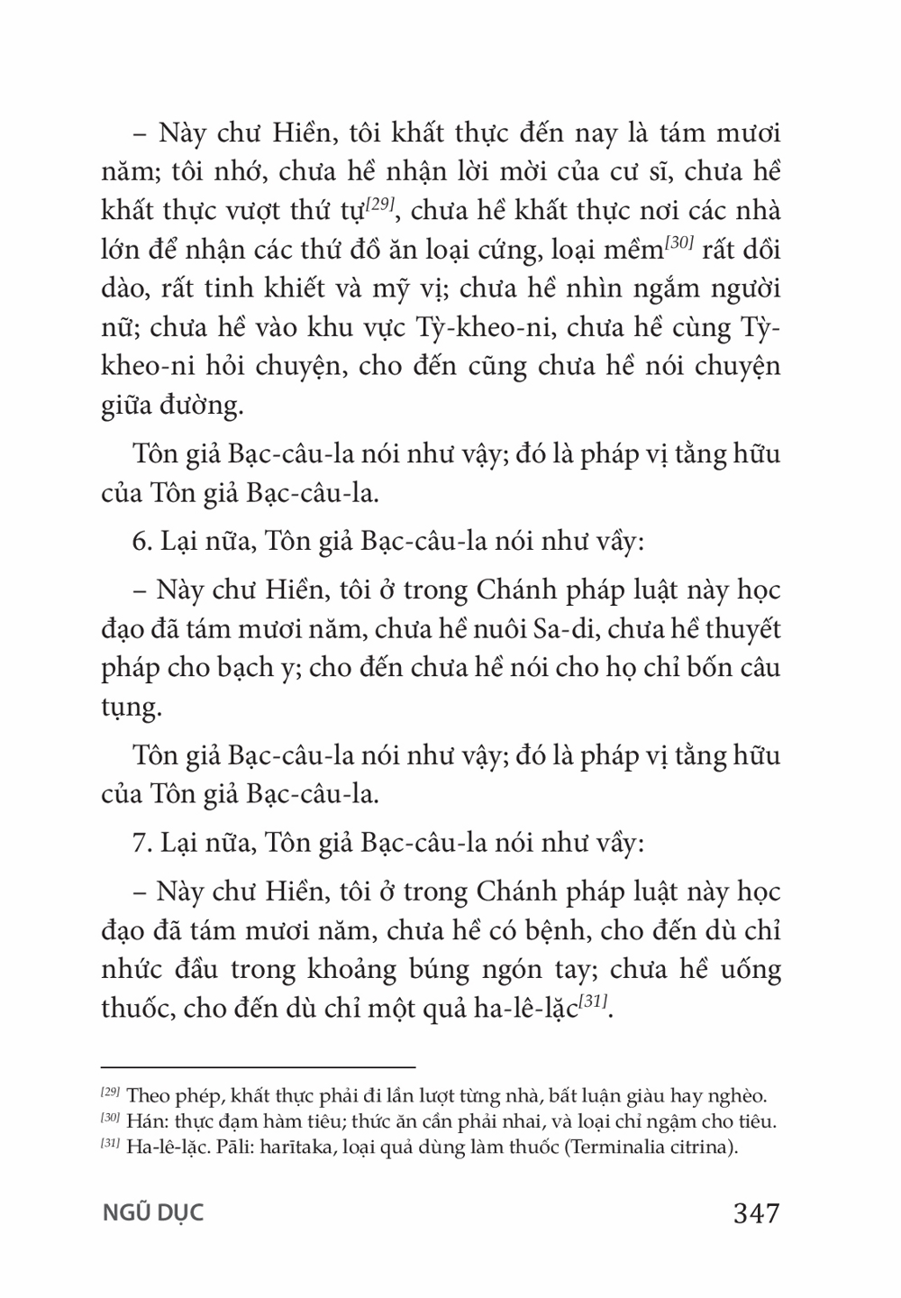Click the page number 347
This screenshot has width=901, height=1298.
[x=756, y=1212]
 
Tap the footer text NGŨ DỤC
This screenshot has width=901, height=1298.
[x=152, y=1212]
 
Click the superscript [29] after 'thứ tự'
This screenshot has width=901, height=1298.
[x=377, y=206]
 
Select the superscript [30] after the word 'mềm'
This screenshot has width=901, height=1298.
[x=678, y=244]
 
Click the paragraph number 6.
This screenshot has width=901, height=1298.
[x=139, y=542]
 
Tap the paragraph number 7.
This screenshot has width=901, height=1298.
[x=139, y=843]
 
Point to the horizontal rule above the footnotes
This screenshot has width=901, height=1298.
[x=258, y=1065]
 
